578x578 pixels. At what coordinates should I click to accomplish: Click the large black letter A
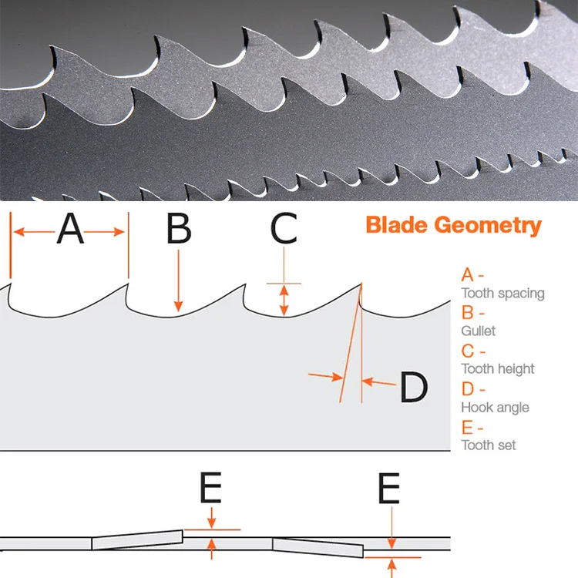(x=70, y=229)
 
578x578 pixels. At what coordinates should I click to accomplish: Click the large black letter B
(x=179, y=229)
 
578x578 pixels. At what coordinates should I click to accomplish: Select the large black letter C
(x=284, y=229)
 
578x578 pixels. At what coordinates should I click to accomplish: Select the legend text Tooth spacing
(x=502, y=293)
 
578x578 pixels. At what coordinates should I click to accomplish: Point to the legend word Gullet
(x=479, y=331)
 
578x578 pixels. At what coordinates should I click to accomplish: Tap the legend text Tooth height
(x=497, y=369)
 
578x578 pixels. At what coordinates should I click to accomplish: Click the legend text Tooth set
(x=489, y=445)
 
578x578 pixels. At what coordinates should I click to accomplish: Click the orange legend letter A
(x=467, y=275)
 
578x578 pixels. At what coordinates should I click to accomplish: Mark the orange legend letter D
(x=467, y=389)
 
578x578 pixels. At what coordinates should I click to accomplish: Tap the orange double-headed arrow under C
(x=284, y=300)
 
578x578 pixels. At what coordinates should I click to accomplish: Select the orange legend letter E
(x=466, y=427)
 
